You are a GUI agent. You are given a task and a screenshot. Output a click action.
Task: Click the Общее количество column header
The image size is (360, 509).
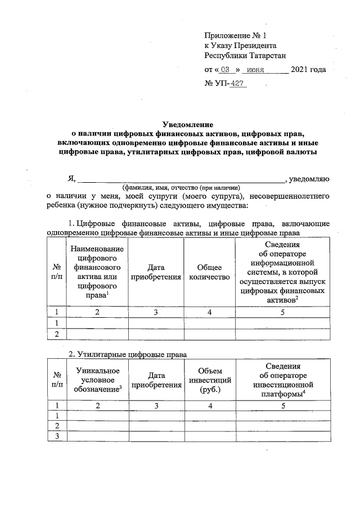click(x=209, y=272)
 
